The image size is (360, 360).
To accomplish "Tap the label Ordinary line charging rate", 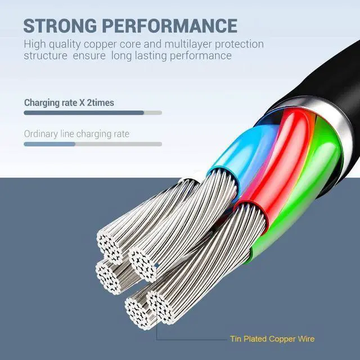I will [x=76, y=134].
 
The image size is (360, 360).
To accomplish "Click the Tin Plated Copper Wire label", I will [x=272, y=339].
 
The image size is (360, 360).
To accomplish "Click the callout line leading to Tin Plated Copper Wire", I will [x=191, y=339].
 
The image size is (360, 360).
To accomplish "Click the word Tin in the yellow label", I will [x=237, y=339].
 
